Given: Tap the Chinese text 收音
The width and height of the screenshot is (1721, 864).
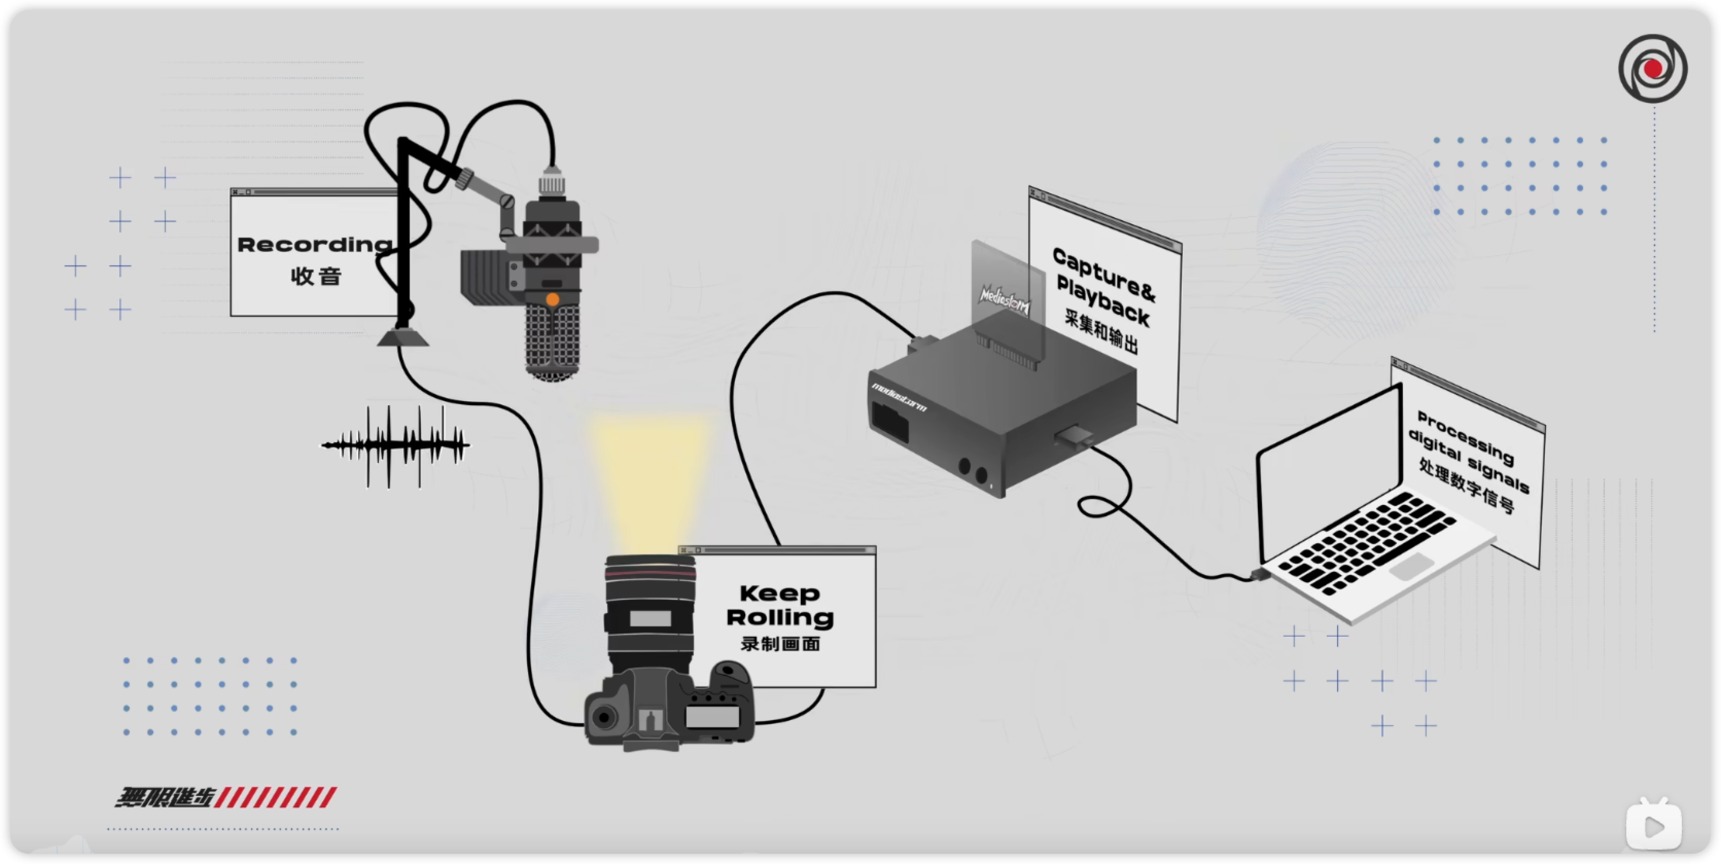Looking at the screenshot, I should [x=316, y=276].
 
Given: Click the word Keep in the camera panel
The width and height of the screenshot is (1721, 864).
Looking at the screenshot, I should [x=779, y=593].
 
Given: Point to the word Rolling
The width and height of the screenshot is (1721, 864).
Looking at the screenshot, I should [x=780, y=617].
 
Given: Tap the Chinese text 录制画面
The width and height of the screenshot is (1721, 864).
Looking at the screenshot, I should [x=780, y=644].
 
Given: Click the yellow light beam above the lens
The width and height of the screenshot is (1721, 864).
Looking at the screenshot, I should [x=648, y=481].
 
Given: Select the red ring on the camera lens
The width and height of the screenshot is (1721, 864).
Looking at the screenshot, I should [x=650, y=574].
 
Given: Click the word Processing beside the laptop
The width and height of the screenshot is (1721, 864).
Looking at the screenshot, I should [x=1465, y=438].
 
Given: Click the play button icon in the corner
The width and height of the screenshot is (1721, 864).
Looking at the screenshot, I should [x=1654, y=826].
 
